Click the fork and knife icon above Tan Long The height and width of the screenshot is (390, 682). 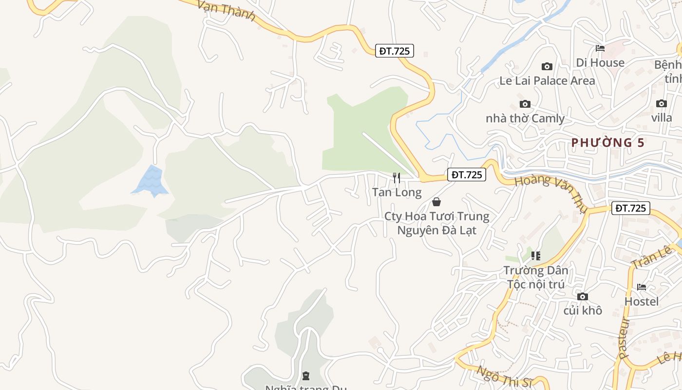tap(397, 178)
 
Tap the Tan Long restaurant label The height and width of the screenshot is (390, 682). tap(397, 192)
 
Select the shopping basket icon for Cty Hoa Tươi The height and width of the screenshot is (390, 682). tap(436, 202)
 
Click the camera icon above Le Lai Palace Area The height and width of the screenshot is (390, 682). tap(547, 66)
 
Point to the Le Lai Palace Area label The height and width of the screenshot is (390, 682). tap(547, 80)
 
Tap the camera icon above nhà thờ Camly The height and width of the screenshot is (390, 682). tap(525, 104)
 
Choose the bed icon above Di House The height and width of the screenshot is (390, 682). tap(600, 48)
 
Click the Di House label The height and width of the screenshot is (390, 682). tap(600, 62)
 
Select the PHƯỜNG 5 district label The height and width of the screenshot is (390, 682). tap(608, 142)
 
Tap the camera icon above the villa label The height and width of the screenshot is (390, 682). tap(661, 103)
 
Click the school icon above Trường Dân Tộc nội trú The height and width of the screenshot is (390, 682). tap(536, 256)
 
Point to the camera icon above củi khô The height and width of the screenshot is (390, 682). tap(582, 296)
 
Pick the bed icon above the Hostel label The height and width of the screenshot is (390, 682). tap(642, 287)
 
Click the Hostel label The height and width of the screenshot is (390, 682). tap(642, 301)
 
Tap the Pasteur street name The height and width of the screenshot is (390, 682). tap(624, 338)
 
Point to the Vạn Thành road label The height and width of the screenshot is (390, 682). tap(227, 10)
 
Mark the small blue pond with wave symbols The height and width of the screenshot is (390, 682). tap(151, 181)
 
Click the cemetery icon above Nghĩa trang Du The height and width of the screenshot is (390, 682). tap(305, 376)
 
